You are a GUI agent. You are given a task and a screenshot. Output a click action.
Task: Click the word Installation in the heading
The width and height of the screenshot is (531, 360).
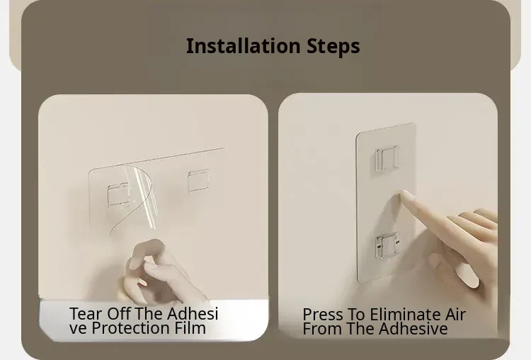click(243, 46)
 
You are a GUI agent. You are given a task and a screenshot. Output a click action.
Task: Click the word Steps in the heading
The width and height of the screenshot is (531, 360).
click(333, 47)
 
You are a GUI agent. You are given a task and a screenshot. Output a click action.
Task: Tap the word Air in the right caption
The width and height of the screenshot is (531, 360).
click(455, 315)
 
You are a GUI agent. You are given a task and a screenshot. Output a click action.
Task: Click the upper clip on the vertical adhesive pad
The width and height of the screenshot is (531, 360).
click(387, 159)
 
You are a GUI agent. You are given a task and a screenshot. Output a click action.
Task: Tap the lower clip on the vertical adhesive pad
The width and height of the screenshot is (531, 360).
click(387, 246)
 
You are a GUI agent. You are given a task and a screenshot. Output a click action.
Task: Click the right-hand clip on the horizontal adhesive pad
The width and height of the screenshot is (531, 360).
click(198, 181)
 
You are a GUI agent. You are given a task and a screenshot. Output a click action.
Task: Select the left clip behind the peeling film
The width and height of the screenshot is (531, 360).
click(118, 195)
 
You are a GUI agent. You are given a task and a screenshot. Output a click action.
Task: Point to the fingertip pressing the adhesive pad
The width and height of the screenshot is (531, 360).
click(406, 196)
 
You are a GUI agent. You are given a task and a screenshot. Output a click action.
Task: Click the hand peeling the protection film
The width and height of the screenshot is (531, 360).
click(159, 271)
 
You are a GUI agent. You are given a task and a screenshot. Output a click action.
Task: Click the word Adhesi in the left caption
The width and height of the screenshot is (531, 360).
click(193, 313)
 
